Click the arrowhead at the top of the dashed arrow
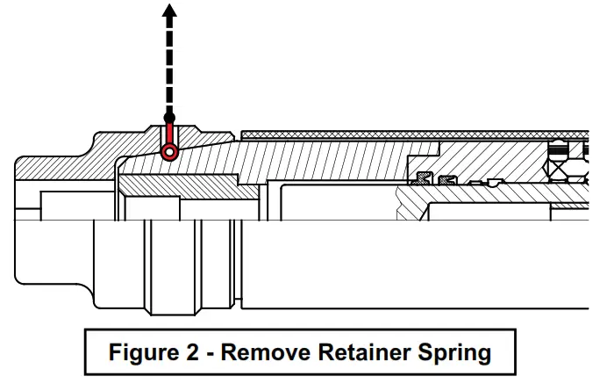click(168, 11)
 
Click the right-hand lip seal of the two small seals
click(447, 180)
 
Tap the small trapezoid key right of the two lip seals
click(493, 183)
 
